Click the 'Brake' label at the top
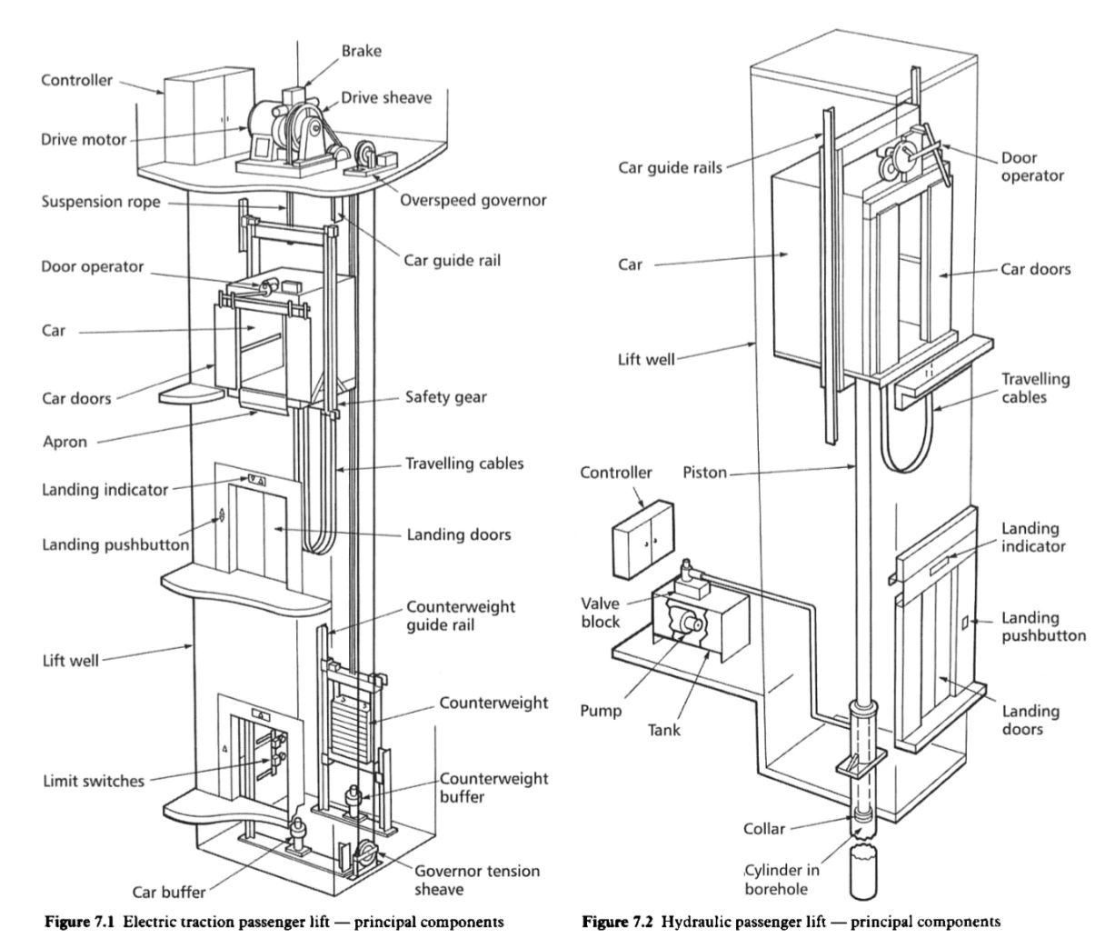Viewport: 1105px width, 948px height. click(362, 50)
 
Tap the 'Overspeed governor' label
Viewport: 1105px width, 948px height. click(473, 199)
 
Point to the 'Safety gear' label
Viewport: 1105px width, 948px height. click(446, 396)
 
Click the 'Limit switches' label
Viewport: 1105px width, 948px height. click(93, 780)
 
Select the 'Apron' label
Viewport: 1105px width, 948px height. click(65, 442)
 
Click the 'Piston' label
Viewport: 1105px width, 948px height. click(704, 473)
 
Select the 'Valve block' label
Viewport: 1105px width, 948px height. click(602, 612)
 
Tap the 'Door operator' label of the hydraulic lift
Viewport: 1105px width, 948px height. click(1031, 166)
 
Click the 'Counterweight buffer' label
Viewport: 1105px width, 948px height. click(493, 787)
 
